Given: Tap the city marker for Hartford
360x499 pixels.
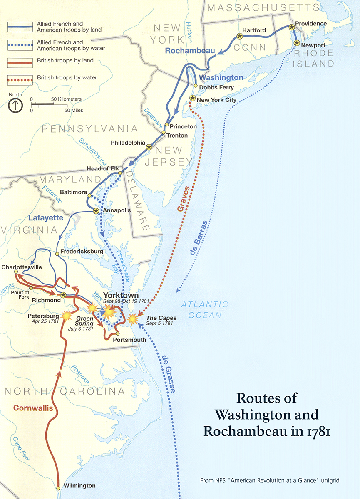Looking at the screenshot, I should [239, 36].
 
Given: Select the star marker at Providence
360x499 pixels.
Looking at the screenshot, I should [292, 27].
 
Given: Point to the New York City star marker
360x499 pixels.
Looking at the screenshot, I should [192, 98].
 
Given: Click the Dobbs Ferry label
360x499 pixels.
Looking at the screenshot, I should [216, 88].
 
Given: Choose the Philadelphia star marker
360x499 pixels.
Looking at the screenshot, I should [149, 147].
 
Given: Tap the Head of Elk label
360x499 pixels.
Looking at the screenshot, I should [100, 169].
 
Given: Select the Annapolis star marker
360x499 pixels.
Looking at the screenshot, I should [96, 211].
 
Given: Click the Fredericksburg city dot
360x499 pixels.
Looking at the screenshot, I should [57, 253].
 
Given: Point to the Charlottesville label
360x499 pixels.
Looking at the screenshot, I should [22, 267].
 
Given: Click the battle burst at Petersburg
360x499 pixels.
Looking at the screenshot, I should [66, 316].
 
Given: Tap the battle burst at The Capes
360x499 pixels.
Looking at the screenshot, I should [133, 319].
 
